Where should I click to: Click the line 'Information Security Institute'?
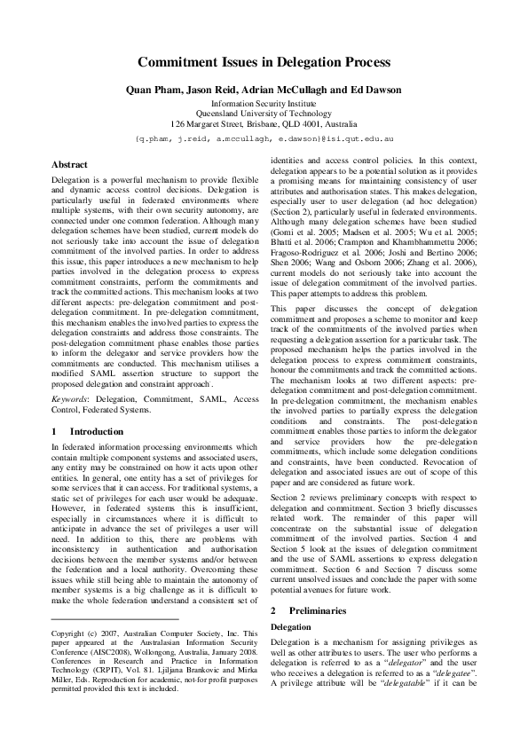point(264,104)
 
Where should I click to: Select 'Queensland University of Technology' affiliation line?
point(264,114)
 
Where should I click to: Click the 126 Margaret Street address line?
point(264,125)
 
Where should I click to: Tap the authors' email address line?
point(264,139)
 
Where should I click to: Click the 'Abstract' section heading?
point(69,165)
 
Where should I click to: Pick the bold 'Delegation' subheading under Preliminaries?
point(290,627)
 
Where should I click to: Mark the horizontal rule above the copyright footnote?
point(115,618)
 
